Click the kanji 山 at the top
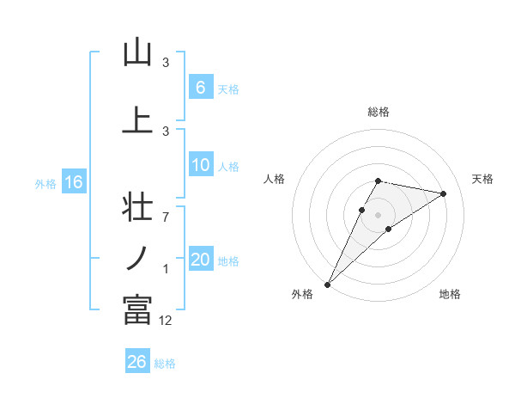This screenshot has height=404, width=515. pos(137,53)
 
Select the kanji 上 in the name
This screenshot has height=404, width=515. pos(137,120)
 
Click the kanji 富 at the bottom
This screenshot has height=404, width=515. pos(137,309)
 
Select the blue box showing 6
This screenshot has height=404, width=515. pos(200,87)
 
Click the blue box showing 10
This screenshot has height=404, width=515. pos(200,165)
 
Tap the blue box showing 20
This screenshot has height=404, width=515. pos(200,260)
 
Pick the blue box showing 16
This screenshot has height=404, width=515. pos(74,182)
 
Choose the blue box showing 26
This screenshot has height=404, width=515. pos(137,362)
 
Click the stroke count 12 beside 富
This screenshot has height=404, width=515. pos(166,321)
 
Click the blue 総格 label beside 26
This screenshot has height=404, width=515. pos(165,364)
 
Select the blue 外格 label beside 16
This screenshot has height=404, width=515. pos(45,183)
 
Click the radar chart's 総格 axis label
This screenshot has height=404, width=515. pos(379,112)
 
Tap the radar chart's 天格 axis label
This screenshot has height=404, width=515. pos(483,179)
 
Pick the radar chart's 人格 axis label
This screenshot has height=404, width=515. pos(274,179)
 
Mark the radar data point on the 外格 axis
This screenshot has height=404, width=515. pos(328,284)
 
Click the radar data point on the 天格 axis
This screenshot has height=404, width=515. pos(443,193)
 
